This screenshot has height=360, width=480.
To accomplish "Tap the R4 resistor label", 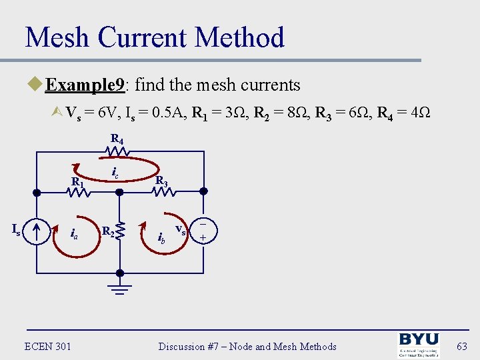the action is [117, 139].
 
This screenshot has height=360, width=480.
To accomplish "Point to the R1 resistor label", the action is [77, 181].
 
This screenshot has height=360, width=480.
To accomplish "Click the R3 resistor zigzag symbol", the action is [163, 192].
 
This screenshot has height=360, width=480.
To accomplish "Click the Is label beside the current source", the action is [17, 229].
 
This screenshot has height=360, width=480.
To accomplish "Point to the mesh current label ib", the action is [161, 236].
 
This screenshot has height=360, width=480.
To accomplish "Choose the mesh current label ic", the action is [114, 174].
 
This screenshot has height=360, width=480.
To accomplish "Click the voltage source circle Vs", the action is [202, 231].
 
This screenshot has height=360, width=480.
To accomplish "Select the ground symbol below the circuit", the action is [120, 287].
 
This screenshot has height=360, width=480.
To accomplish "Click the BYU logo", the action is [419, 345].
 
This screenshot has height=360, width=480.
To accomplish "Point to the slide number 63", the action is [462, 346].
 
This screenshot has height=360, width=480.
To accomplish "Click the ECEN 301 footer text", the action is [47, 346].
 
